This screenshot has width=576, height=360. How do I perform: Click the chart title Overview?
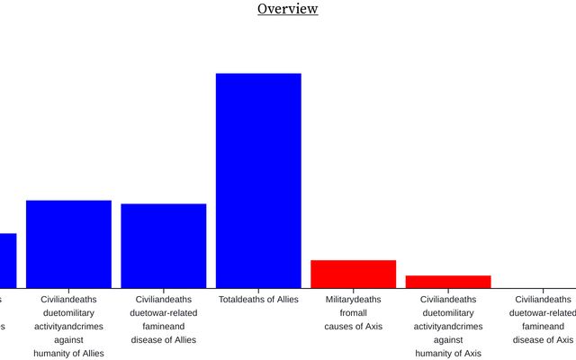287,9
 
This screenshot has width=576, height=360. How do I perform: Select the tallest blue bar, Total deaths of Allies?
258,180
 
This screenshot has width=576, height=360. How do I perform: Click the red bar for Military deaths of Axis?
353,274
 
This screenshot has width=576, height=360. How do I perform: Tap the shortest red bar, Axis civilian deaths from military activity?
448,281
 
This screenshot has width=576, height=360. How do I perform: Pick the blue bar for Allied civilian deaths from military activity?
68,243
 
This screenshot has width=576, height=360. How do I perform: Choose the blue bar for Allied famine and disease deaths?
163,245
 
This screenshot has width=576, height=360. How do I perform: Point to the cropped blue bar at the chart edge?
7,259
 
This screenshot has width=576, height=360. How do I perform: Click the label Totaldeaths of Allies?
258,299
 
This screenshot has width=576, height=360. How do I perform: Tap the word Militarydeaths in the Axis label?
353,299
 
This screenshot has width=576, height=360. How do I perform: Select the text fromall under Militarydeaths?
353,312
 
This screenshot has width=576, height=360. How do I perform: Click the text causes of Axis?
353,326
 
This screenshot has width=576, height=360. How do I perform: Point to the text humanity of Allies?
68,353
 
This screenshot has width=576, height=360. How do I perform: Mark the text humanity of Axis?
448,353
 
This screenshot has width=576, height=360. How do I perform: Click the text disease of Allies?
163,339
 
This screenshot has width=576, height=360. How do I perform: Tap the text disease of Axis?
543,339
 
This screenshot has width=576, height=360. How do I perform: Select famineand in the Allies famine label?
163,326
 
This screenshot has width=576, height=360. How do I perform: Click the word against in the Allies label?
68,339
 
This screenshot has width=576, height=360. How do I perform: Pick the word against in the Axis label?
448,339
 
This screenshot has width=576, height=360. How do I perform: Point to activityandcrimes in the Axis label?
448,326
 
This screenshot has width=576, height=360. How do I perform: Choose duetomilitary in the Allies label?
68,312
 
